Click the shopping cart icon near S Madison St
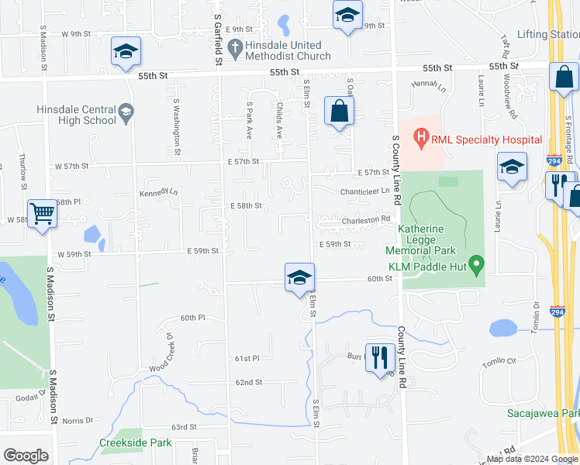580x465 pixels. click(x=43, y=213)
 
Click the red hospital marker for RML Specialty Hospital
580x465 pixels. click(x=421, y=139)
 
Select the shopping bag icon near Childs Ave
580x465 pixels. click(x=340, y=112)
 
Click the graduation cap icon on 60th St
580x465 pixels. click(x=299, y=278)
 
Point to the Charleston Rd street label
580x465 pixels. click(x=365, y=219)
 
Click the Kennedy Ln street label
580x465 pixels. click(x=158, y=192)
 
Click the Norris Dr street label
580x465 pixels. click(x=78, y=421)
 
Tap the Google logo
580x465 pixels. click(x=26, y=456)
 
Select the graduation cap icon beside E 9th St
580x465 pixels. click(x=347, y=15)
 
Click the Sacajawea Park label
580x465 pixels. click(x=543, y=413)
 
